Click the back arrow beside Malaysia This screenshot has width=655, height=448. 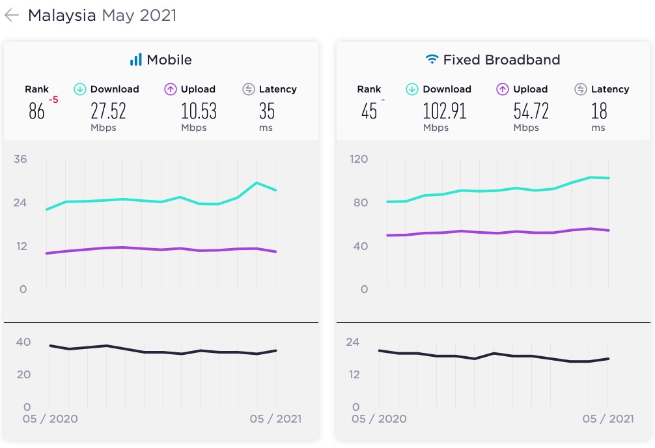(12, 16)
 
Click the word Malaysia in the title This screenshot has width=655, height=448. (62, 16)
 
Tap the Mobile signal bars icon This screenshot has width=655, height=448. (135, 60)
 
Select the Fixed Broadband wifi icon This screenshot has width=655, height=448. (432, 60)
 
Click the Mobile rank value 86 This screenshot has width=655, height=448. (36, 111)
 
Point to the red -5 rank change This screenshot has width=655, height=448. (53, 100)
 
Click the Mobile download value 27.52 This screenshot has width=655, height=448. (107, 111)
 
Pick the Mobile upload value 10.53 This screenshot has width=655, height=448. (199, 111)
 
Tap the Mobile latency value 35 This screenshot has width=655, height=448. (266, 111)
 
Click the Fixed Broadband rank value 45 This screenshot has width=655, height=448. (369, 111)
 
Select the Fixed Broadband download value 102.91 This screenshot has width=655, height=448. (445, 111)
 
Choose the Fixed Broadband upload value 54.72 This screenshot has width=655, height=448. (531, 111)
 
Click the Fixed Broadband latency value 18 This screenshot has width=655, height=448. (599, 111)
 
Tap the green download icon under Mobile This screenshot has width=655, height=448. (80, 89)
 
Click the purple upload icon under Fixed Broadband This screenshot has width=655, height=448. (503, 89)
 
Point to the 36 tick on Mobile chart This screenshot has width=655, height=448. (20, 159)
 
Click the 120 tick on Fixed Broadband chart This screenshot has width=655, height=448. (359, 159)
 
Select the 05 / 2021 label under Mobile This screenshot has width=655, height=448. (275, 419)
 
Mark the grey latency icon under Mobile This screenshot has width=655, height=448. (248, 89)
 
